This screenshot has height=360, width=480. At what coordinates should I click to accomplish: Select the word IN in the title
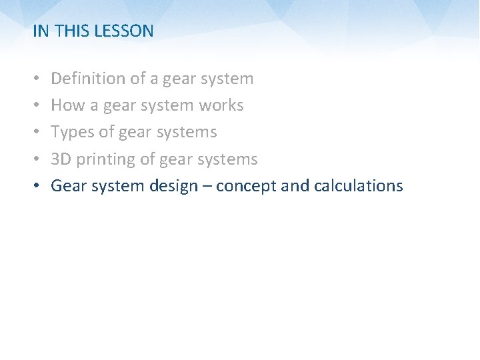pos(41,31)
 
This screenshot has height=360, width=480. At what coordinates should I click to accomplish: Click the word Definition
pos(88,78)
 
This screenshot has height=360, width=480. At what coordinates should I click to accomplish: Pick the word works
pos(221,105)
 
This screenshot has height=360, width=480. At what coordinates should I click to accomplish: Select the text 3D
pos(61,159)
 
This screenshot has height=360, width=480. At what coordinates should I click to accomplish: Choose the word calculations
pos(359,185)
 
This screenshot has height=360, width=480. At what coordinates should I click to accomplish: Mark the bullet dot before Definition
pos(37,78)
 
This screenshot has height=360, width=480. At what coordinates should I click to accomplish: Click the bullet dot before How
pos(37,105)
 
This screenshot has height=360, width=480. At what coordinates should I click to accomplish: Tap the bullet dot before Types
pos(37,131)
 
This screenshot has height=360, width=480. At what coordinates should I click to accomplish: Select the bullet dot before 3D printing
pos(37,159)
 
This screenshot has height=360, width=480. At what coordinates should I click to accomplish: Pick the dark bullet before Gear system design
pos(37,185)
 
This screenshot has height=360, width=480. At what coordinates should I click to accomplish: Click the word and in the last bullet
pos(295,185)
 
